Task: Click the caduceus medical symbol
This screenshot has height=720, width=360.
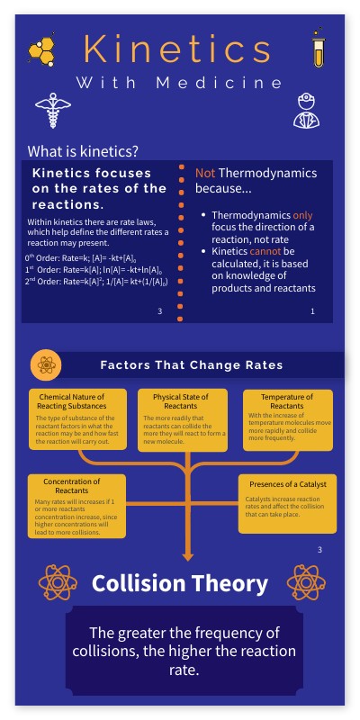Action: (x=47, y=112)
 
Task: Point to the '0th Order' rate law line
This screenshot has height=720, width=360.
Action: (x=93, y=258)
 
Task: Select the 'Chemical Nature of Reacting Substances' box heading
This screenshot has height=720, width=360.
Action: (x=72, y=401)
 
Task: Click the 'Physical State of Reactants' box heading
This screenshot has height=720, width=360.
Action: (x=181, y=401)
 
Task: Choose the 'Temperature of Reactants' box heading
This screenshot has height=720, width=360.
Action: (x=287, y=401)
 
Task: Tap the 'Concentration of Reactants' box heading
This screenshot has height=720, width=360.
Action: (x=71, y=485)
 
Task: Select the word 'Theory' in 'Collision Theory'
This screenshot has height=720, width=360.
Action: (x=229, y=583)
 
